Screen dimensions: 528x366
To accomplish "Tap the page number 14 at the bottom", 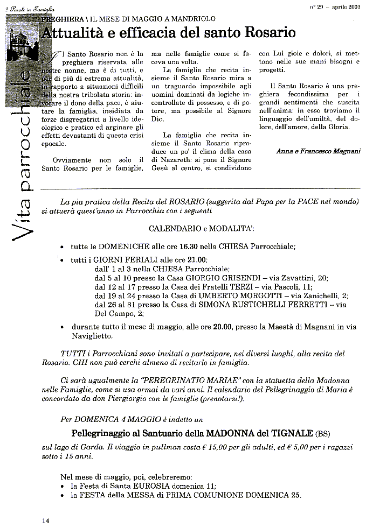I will (x=46, y=520).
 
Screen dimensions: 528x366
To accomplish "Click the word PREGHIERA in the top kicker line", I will (x=60, y=18).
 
